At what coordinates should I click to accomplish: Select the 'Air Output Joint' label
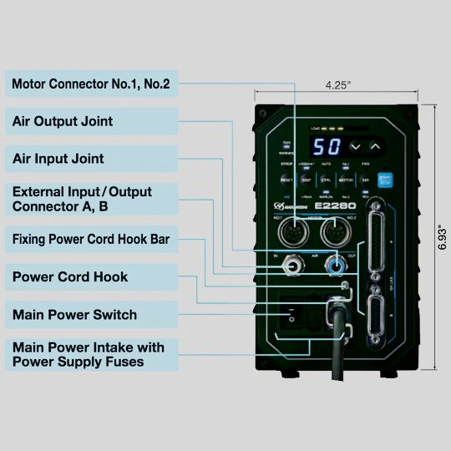[63, 121]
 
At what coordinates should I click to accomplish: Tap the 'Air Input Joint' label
[58, 158]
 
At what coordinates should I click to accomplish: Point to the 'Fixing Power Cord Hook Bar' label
[91, 239]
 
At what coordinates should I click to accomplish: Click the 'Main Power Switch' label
[74, 315]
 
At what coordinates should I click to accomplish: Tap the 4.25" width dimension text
[341, 84]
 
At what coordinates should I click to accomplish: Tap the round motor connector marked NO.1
[291, 230]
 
